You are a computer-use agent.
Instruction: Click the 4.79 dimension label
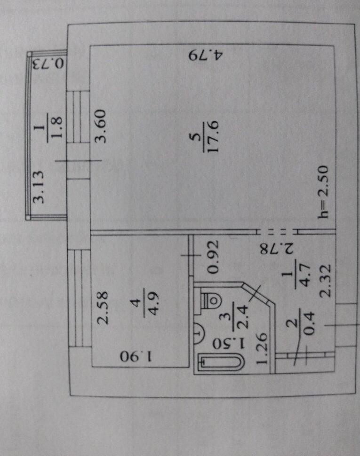tap(206, 55)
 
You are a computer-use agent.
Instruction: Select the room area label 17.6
tap(213, 137)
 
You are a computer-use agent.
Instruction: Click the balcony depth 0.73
tap(48, 63)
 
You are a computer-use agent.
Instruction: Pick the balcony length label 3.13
tap(38, 187)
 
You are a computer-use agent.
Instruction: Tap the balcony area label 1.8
tap(56, 128)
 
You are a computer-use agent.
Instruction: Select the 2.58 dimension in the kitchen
tap(103, 308)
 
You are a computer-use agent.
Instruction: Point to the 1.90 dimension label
tap(136, 356)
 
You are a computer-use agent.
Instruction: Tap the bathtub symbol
tap(221, 362)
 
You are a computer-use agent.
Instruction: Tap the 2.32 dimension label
tap(325, 280)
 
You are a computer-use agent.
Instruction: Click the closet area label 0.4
tap(309, 323)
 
